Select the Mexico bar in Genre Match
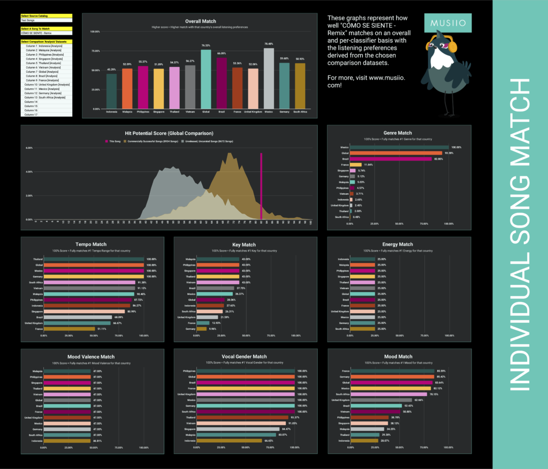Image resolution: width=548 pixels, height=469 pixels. click(x=399, y=147)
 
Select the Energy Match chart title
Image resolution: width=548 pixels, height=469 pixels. click(x=398, y=244)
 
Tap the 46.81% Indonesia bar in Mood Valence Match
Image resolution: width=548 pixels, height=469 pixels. click(x=67, y=441)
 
